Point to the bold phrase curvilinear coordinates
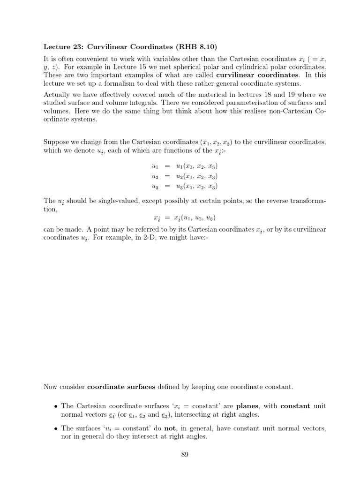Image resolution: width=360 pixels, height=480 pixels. coord(257,75)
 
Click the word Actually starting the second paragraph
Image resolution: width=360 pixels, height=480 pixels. coord(56,94)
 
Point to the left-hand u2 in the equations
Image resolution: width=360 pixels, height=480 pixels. coord(155,176)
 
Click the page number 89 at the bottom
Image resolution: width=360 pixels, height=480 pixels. coord(184,454)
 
